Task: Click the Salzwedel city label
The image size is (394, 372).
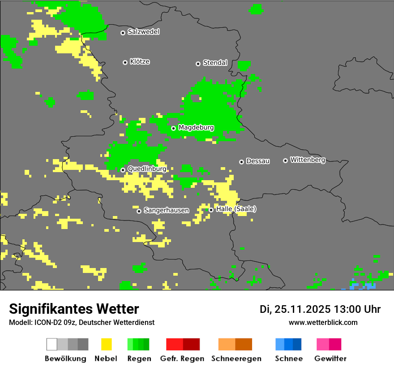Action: pyautogui.click(x=143, y=32)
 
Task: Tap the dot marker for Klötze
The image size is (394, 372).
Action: pyautogui.click(x=125, y=62)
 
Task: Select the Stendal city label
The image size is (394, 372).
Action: pyautogui.click(x=215, y=63)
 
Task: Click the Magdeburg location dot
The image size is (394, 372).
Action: pyautogui.click(x=173, y=128)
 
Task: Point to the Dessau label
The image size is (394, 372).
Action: pyautogui.click(x=258, y=161)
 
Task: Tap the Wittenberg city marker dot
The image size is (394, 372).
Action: pyautogui.click(x=285, y=160)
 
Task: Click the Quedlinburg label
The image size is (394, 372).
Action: pyautogui.click(x=147, y=169)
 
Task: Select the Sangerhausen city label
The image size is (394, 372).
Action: pyautogui.click(x=166, y=210)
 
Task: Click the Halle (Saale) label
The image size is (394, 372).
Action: pyautogui.click(x=236, y=209)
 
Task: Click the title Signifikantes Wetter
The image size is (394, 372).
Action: pyautogui.click(x=74, y=309)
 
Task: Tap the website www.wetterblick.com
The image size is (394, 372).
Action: pyautogui.click(x=323, y=322)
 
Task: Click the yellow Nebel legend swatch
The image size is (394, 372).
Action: pyautogui.click(x=106, y=344)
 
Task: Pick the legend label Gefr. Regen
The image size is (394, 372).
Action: pyautogui.click(x=182, y=359)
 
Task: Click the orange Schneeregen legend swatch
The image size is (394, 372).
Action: pyautogui.click(x=235, y=344)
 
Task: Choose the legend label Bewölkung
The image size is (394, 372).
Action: pyautogui.click(x=65, y=359)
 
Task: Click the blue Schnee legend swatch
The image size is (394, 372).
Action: pyautogui.click(x=288, y=344)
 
